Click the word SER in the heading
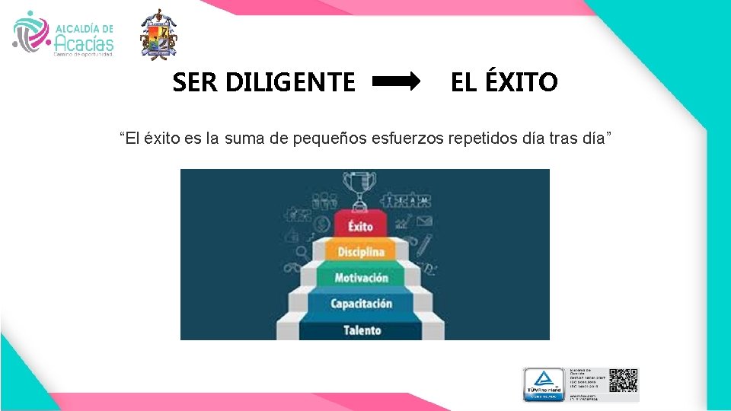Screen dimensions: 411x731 pos(194,81)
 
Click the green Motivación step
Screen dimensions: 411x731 pos(361,277)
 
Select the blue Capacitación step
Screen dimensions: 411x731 pos(361,304)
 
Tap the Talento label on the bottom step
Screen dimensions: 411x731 pos(362,330)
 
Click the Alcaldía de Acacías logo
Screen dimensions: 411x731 pos(64,34)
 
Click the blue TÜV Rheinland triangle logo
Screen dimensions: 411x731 pos(542,381)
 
